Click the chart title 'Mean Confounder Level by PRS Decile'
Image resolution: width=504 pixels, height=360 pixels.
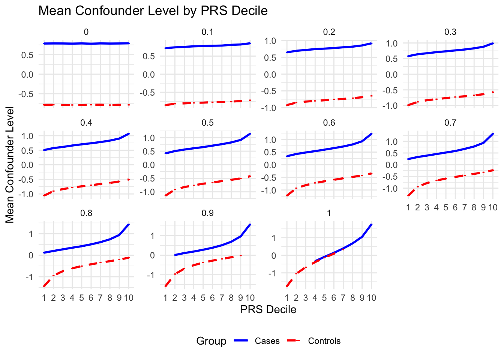(153, 11)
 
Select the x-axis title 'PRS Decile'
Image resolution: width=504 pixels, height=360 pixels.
(268, 310)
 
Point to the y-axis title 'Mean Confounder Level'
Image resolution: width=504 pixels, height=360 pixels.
(10, 165)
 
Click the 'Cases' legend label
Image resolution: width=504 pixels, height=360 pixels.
(267, 341)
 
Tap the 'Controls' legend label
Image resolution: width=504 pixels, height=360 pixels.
(324, 341)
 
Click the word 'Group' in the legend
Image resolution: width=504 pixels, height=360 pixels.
(211, 341)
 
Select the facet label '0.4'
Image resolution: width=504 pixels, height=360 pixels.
(86, 123)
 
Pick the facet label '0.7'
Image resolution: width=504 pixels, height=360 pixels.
(450, 123)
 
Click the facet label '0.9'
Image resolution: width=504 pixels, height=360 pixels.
(207, 213)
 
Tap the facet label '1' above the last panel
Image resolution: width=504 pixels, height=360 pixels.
(329, 213)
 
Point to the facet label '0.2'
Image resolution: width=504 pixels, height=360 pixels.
(329, 32)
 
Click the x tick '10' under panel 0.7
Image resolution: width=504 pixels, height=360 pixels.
(492, 207)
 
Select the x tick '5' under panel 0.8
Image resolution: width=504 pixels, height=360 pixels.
(81, 298)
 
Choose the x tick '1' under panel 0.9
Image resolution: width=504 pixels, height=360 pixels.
(165, 298)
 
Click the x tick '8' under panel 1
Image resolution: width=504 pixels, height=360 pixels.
(352, 298)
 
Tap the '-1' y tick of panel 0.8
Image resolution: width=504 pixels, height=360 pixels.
(28, 277)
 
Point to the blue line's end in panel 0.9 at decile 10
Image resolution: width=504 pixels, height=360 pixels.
(250, 224)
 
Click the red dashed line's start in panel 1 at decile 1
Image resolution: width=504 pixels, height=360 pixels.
(287, 286)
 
